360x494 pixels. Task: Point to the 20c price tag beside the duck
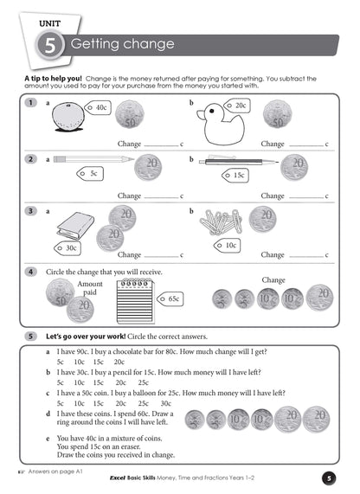tap(238, 105)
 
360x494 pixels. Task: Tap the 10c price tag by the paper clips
tap(230, 245)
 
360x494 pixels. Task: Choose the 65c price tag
tap(172, 298)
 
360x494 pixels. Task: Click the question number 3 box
tap(30, 210)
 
